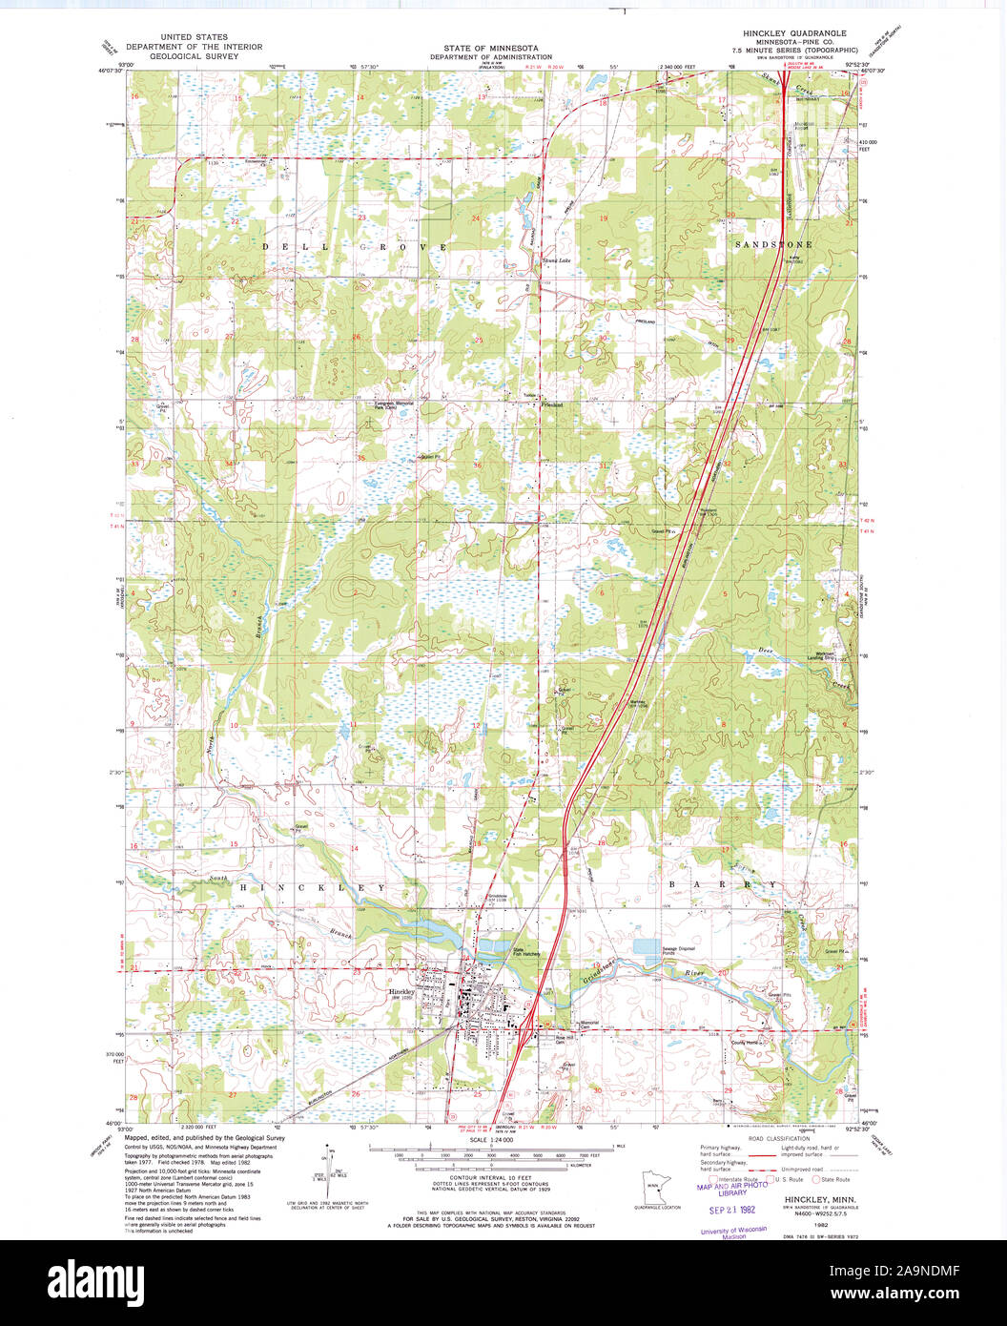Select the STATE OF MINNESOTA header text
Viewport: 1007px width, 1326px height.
click(490, 48)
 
